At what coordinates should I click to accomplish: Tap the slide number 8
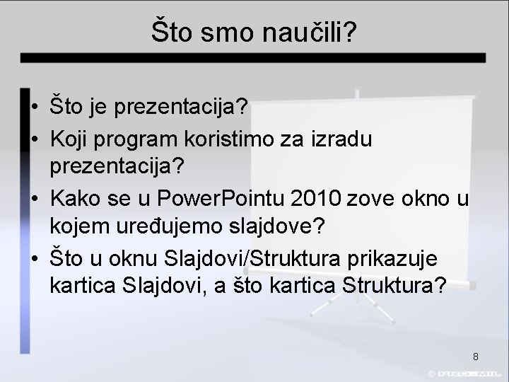[476, 356]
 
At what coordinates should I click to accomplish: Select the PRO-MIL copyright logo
[467, 372]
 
